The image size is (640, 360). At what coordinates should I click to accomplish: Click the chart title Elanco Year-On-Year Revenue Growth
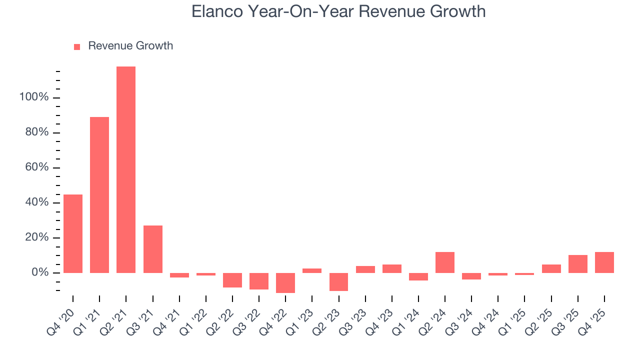[338, 11]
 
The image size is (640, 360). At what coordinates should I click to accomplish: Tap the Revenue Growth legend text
[130, 46]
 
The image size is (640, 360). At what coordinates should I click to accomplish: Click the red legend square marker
[77, 46]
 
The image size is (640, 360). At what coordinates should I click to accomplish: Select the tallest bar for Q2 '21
[126, 169]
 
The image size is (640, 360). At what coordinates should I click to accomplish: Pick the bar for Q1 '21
[99, 195]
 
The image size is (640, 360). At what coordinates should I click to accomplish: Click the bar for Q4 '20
[73, 233]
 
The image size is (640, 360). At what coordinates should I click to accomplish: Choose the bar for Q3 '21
[153, 249]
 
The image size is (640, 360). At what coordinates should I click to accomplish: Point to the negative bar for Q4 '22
[285, 282]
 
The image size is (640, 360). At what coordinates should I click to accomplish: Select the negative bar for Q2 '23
[338, 281]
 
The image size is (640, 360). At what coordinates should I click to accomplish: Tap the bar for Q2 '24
[445, 262]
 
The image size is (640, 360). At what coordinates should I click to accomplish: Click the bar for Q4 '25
[604, 262]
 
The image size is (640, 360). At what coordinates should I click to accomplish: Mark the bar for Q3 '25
[578, 264]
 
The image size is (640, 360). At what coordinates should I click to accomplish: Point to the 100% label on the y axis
[34, 97]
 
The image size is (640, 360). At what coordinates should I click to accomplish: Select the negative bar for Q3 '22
[259, 281]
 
